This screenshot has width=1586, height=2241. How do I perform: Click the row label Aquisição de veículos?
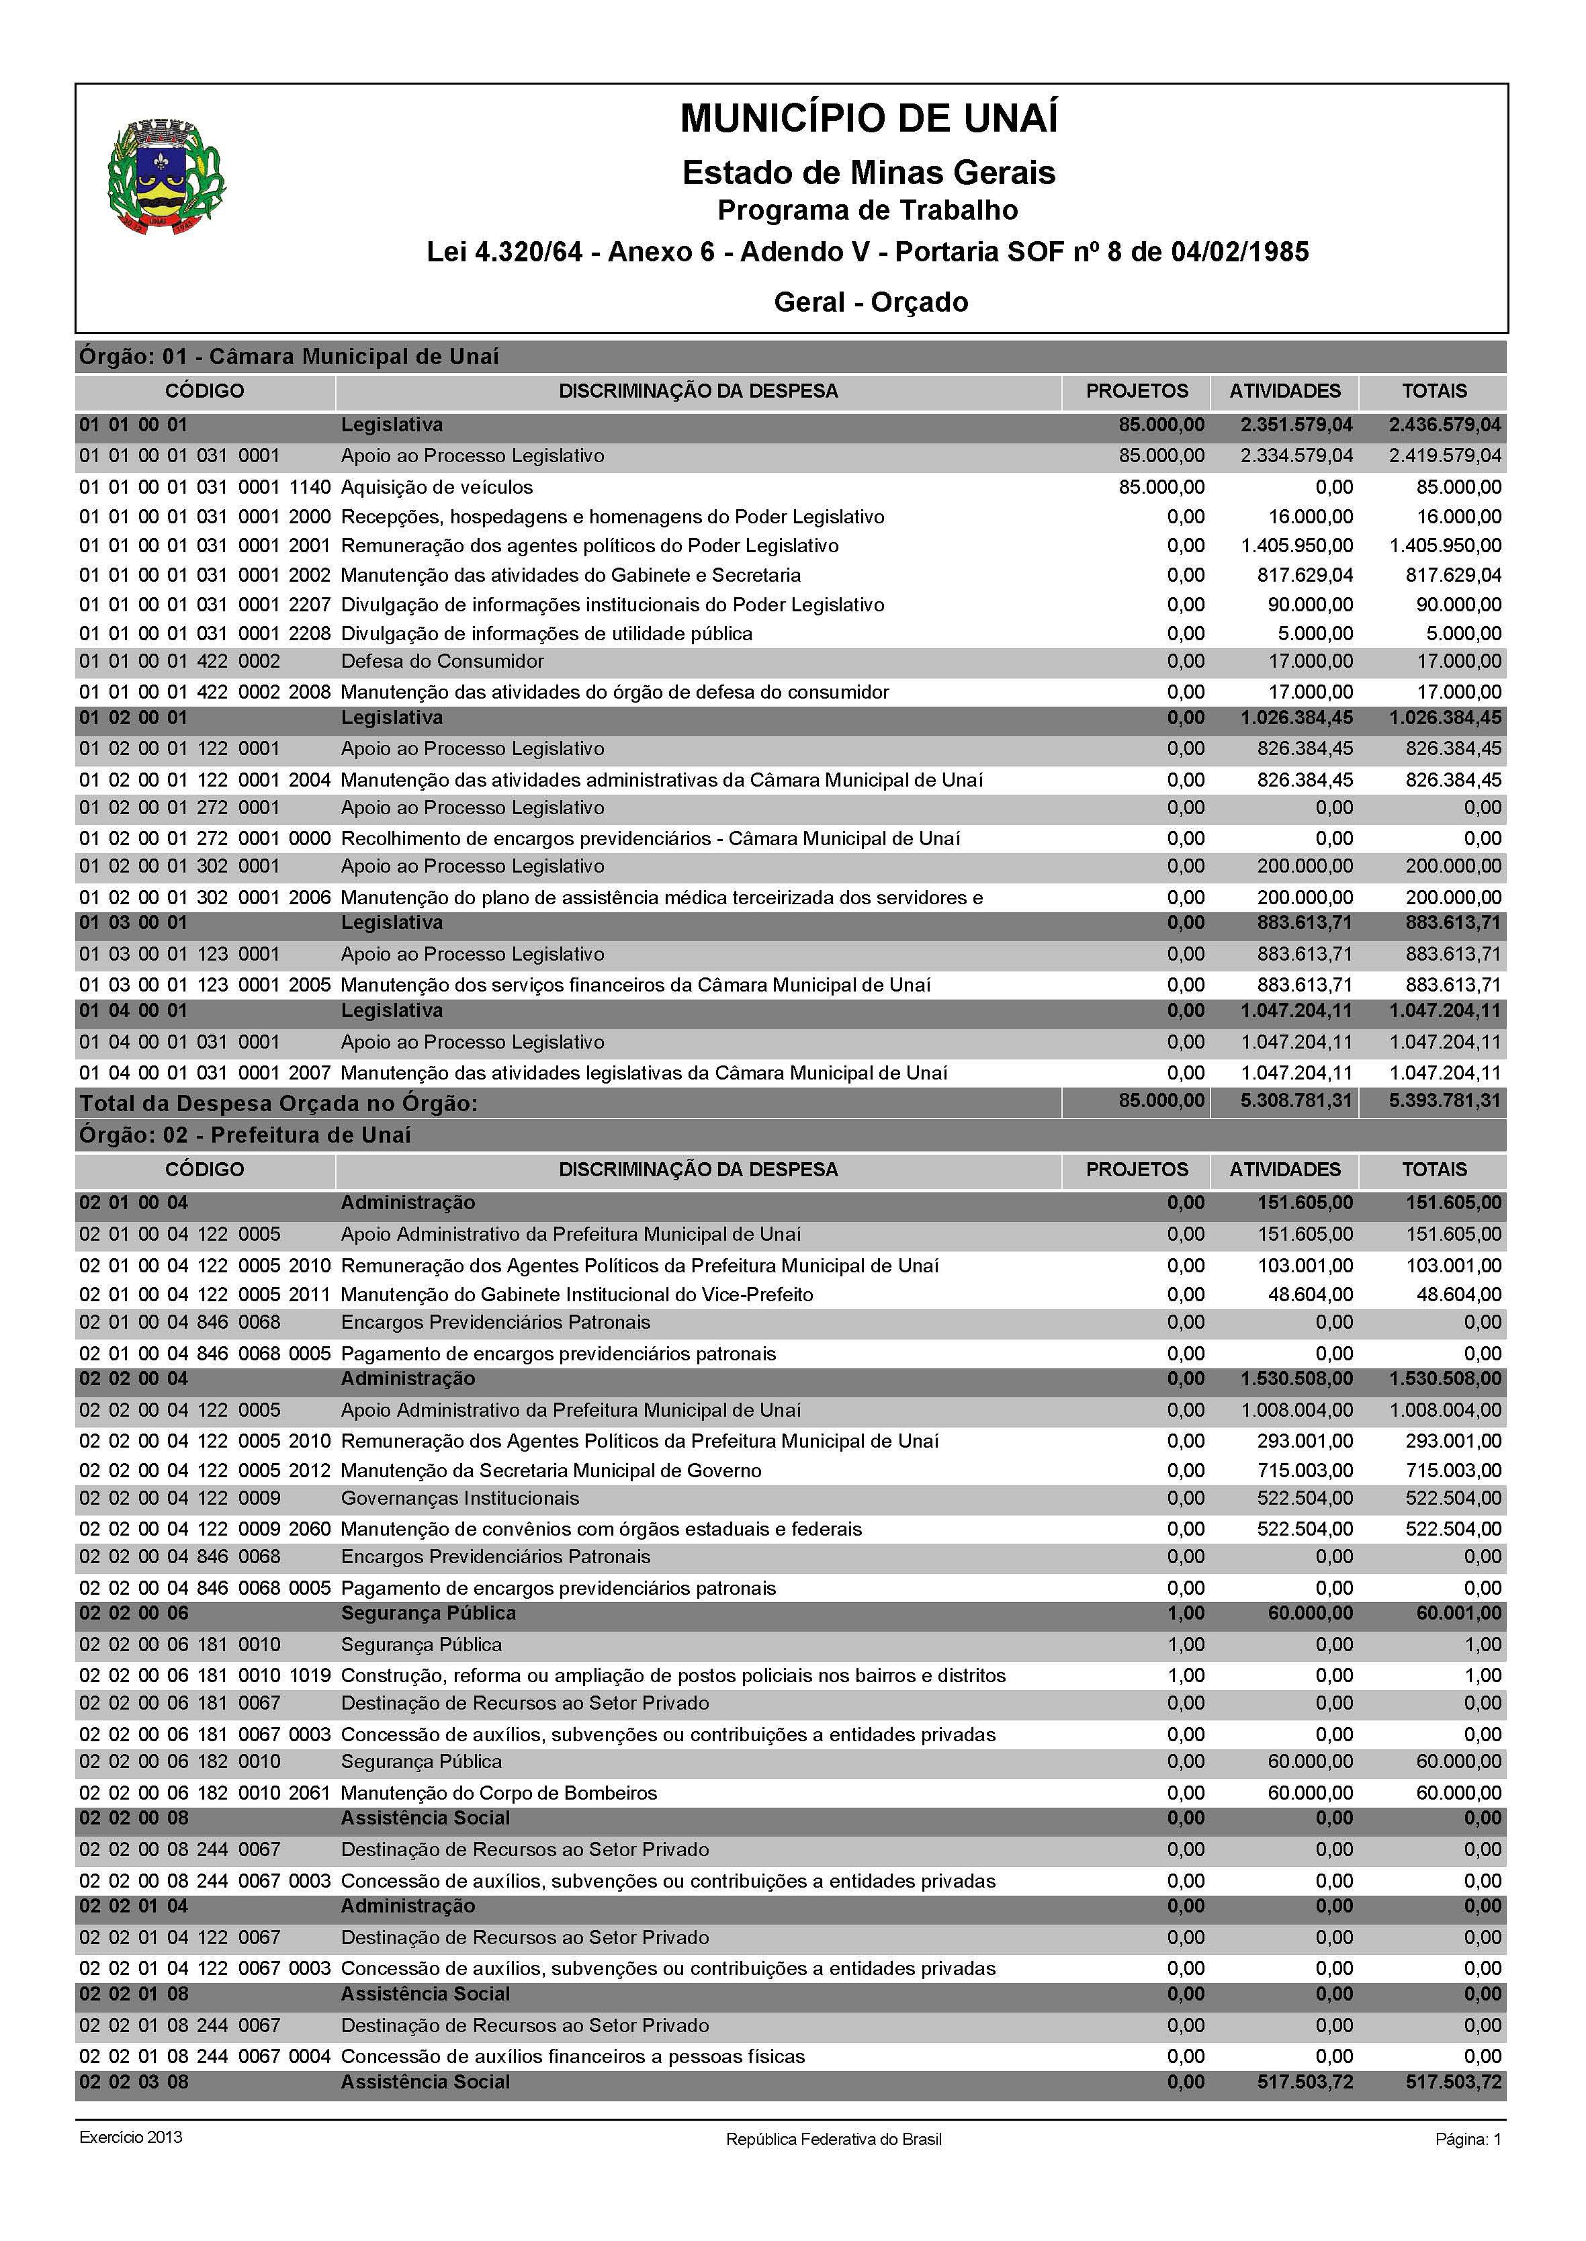[437, 486]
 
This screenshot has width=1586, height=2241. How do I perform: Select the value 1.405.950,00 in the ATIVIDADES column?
[1297, 545]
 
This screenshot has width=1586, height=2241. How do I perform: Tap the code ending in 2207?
[205, 605]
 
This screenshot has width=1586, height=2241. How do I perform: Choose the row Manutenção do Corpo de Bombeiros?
[498, 1793]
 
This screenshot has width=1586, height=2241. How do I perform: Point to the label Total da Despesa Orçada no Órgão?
[278, 1104]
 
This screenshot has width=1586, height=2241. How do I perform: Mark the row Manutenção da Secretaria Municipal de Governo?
[551, 1470]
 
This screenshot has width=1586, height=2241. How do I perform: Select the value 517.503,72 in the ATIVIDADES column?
[1305, 2082]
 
